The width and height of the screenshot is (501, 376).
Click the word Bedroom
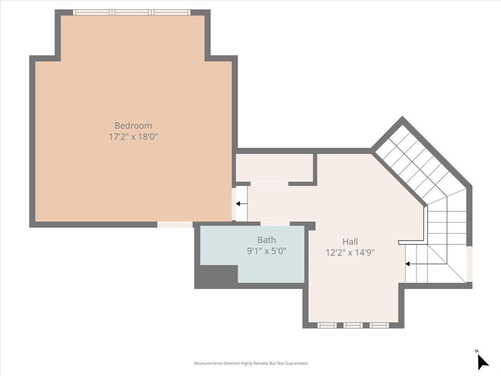[133, 125]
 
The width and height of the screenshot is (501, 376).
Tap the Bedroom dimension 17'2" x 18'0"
[133, 137]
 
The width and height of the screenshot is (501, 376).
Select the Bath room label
[267, 240]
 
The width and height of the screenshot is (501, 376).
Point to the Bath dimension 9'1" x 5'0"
[267, 251]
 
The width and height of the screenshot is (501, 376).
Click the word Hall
[350, 241]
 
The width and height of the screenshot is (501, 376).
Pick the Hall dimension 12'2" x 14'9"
[350, 253]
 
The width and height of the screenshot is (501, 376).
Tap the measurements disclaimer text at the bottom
[250, 363]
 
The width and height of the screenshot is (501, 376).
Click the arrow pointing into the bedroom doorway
[241, 204]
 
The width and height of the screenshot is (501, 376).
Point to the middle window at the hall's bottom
[353, 325]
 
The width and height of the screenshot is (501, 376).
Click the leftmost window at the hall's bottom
[327, 325]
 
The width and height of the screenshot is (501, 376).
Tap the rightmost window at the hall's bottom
[379, 325]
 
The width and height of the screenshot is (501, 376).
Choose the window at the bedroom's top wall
[132, 12]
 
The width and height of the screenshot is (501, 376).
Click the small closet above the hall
[274, 168]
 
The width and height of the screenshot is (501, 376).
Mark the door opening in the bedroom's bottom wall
[175, 225]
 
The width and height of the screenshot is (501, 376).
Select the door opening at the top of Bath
[274, 224]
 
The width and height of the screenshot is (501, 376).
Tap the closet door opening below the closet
[269, 184]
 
